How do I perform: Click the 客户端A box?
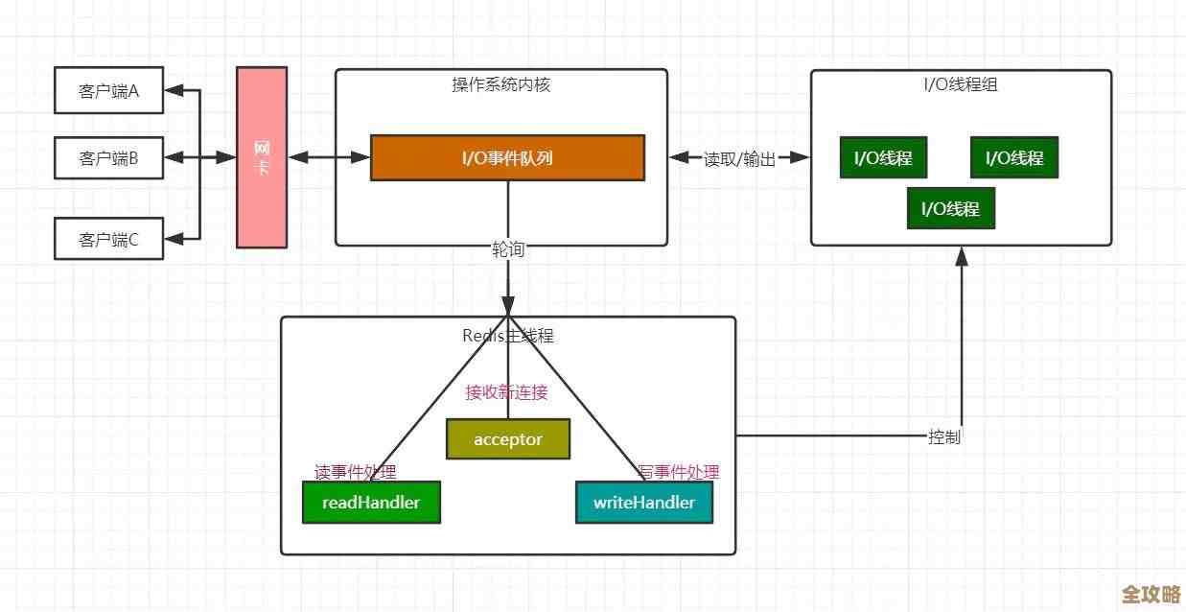[x=108, y=91]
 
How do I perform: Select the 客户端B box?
[x=108, y=158]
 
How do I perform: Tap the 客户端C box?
[x=108, y=240]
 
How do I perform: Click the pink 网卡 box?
[x=262, y=157]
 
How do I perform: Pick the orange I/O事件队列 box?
[x=507, y=157]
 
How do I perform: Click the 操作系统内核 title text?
[x=500, y=84]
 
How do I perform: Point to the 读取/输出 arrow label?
[x=739, y=159]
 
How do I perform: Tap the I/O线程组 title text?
[x=961, y=84]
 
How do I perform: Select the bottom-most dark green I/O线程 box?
[x=950, y=208]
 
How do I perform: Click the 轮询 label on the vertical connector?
[x=508, y=249]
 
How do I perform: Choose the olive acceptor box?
[x=508, y=439]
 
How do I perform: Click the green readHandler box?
[x=371, y=502]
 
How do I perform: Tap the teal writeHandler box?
[x=643, y=502]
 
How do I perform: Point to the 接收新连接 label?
[x=506, y=392]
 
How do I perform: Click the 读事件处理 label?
[x=356, y=472]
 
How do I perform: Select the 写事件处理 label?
[x=678, y=472]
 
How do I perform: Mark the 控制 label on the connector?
[x=944, y=436]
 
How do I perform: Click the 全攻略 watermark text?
[x=1151, y=594]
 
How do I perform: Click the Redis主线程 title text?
[x=508, y=336]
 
